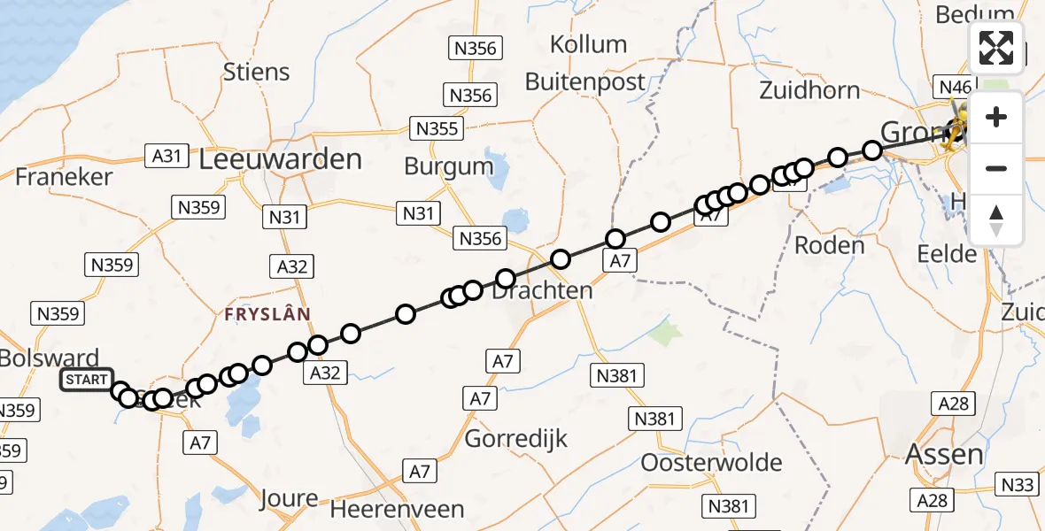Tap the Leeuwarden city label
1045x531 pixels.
click(280, 159)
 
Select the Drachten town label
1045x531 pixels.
click(542, 290)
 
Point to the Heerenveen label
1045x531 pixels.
click(397, 510)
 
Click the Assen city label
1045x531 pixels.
click(944, 455)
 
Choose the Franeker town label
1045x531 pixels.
click(64, 176)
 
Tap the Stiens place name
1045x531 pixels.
click(257, 72)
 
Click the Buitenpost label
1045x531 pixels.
click(585, 82)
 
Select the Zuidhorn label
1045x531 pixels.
click(809, 89)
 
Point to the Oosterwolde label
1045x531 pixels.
click(711, 462)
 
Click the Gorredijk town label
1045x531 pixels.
click(516, 438)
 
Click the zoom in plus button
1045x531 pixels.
click(996, 118)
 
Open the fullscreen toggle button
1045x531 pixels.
click(996, 48)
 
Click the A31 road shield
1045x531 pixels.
click(166, 157)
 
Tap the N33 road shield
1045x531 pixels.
click(1018, 485)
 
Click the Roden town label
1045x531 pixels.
click(829, 245)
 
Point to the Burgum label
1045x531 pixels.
click(449, 165)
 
